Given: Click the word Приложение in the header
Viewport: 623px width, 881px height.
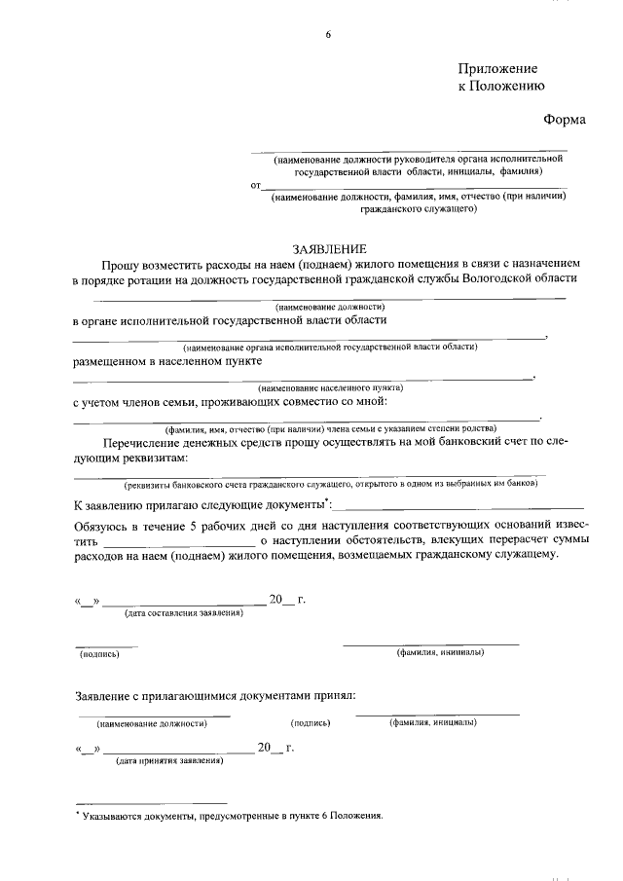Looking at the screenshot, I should pos(497,69).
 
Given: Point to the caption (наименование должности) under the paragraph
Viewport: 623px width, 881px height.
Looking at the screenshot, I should pos(330,306).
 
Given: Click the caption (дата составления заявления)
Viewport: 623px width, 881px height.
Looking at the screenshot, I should pos(182,613).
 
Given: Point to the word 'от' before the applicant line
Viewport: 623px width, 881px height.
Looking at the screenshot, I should pos(256,184).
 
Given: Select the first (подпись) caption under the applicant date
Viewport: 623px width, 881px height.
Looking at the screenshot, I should pos(99,654).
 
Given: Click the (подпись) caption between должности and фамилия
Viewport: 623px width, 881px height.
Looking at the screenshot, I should pos(311,723).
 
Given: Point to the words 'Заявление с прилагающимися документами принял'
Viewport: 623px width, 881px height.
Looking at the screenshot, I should pos(215,695).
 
